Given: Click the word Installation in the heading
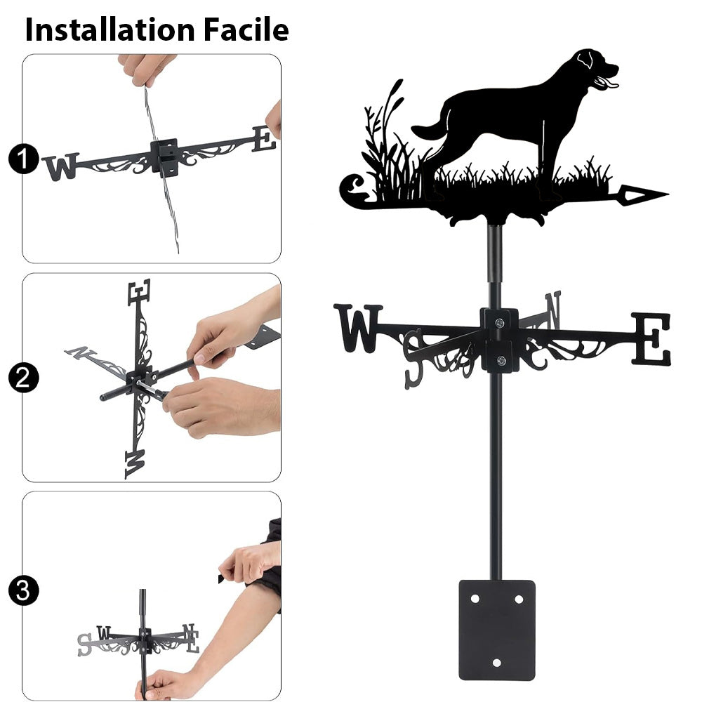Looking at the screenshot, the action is coord(110,29).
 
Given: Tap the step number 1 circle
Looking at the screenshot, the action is coord(23,159).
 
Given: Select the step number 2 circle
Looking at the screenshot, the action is coord(23,378).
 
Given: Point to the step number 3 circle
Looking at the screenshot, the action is coord(23,590).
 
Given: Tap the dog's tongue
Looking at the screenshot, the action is coord(611,84).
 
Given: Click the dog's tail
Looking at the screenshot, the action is coord(430,130).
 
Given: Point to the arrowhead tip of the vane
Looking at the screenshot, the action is coord(668,194).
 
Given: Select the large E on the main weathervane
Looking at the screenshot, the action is coord(652,339).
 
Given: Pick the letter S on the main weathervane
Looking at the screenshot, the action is coord(413,359).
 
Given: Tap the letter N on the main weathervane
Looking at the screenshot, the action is coord(553,309).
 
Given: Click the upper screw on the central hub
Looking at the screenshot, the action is coord(500,322).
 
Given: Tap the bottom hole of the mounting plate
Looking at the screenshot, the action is coord(497,663).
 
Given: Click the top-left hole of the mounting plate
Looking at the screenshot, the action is coord(475,599).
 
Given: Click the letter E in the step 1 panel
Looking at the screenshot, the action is coord(264,139).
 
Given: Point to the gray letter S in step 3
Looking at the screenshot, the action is coord(84,644).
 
